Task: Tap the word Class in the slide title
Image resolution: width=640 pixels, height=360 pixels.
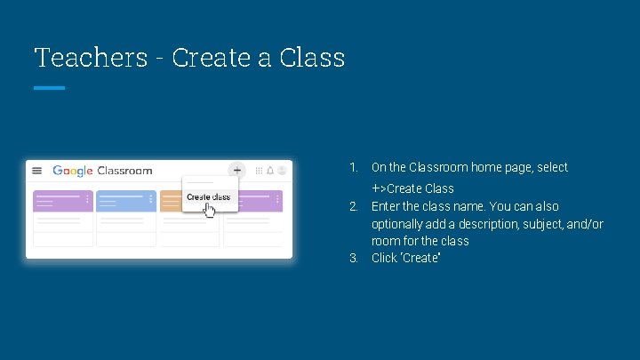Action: [312, 58]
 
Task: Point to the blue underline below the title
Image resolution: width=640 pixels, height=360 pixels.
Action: [50, 88]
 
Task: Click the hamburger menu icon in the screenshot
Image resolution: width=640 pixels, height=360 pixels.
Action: [37, 171]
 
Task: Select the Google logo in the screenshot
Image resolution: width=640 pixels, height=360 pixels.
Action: [72, 171]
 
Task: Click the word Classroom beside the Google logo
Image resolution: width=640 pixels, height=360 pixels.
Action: [124, 171]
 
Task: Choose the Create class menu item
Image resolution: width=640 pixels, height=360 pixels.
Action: [208, 197]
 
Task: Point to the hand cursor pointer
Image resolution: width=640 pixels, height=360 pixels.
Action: [210, 211]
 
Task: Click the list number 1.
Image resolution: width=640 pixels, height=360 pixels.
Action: [353, 167]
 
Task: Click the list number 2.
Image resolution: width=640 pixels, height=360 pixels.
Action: [353, 206]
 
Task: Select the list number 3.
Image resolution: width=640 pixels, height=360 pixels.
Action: [353, 258]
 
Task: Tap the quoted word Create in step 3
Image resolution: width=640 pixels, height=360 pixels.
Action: [421, 258]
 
